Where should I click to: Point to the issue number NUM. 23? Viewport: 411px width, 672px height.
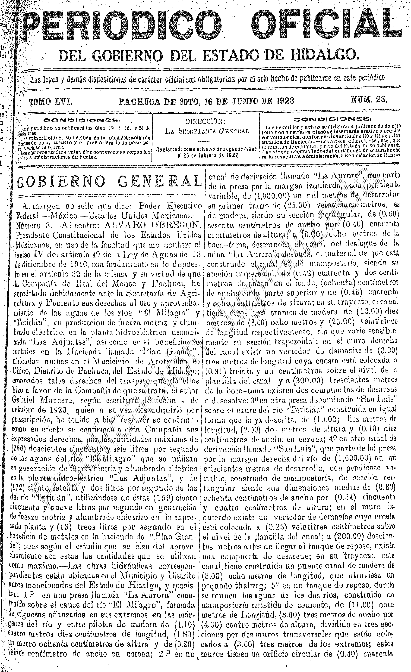point(369,100)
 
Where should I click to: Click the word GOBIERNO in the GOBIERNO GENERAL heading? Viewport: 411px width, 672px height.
point(61,182)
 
